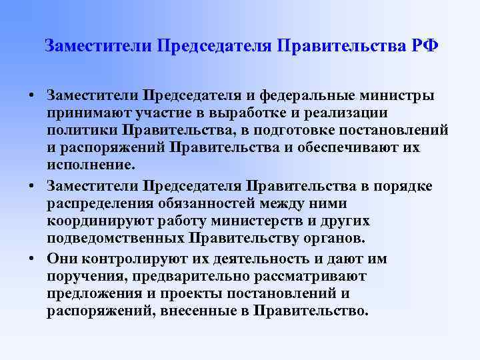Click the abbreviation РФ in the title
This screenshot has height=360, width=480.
[x=424, y=46]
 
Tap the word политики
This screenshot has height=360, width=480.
[x=81, y=130]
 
